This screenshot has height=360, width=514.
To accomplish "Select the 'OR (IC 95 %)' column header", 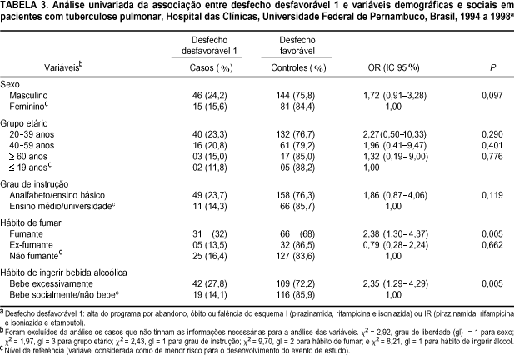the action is pyautogui.click(x=393, y=67).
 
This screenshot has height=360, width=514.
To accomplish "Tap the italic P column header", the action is pyautogui.click(x=492, y=67).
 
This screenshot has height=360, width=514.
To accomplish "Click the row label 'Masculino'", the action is pyautogui.click(x=28, y=95).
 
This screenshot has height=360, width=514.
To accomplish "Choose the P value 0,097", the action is pyautogui.click(x=492, y=95).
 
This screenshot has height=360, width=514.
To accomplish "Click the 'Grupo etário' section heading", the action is pyautogui.click(x=24, y=123).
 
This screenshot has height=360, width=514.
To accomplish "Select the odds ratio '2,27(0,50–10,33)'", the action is pyautogui.click(x=394, y=134).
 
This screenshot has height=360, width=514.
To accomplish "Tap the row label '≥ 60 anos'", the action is pyautogui.click(x=28, y=157).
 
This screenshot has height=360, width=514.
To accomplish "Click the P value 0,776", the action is pyautogui.click(x=492, y=157).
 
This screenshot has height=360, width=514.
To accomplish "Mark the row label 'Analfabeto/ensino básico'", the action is pyautogui.click(x=57, y=195).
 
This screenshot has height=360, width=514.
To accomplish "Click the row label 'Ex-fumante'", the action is pyautogui.click(x=31, y=245).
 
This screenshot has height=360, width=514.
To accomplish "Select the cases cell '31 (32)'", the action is pyautogui.click(x=210, y=234).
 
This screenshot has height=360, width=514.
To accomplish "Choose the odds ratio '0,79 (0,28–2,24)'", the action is pyautogui.click(x=396, y=245).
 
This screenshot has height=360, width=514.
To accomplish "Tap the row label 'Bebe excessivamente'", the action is pyautogui.click(x=51, y=283).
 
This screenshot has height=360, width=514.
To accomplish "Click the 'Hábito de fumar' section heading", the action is pyautogui.click(x=31, y=223).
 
